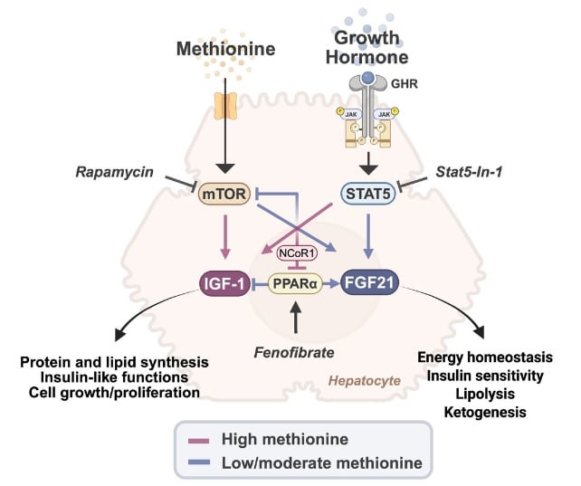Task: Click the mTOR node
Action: [224, 194]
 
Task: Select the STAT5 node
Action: [368, 194]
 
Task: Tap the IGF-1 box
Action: [224, 283]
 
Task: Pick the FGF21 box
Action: [369, 282]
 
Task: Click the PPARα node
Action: [295, 283]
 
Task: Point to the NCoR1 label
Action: [297, 253]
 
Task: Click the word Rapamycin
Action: [114, 172]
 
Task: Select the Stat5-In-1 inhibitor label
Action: [469, 172]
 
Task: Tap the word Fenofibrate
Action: [294, 352]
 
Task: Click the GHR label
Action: [405, 84]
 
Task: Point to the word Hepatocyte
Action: [365, 380]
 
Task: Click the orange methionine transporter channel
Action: [225, 106]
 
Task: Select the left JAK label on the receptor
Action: [351, 114]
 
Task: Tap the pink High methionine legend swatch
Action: [198, 441]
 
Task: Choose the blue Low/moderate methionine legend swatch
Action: [198, 462]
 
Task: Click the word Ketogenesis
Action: [485, 412]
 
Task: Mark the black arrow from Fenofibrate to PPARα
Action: [295, 317]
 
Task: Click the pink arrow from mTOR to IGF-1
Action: [225, 236]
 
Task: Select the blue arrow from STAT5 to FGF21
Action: [368, 236]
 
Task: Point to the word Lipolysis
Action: [485, 394]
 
